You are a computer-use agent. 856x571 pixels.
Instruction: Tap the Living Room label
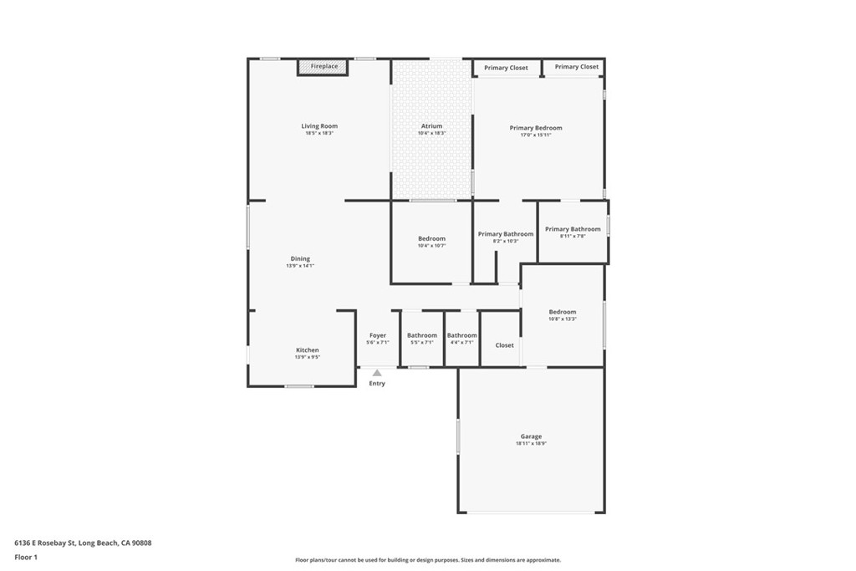(319, 126)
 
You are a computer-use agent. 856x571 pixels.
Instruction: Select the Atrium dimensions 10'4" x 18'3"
(431, 133)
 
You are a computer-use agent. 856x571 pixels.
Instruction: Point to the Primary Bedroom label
(536, 128)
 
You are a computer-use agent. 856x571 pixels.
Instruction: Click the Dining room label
(300, 259)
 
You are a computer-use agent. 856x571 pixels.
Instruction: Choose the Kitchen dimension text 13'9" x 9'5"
(308, 357)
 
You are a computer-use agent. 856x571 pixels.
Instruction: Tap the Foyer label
(378, 335)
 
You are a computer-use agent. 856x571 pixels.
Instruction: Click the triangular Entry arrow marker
(377, 373)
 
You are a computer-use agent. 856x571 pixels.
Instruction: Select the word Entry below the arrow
(377, 384)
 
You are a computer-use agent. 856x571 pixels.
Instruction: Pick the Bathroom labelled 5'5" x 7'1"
(422, 335)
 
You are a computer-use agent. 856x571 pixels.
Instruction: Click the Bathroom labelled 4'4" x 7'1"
(461, 335)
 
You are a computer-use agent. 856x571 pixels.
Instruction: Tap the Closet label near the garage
(505, 345)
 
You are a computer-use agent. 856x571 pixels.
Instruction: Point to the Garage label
(531, 436)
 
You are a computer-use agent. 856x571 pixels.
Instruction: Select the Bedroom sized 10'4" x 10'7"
(432, 239)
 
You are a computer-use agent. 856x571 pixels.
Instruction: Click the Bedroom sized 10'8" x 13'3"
(563, 312)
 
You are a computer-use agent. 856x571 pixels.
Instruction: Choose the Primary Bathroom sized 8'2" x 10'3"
(506, 234)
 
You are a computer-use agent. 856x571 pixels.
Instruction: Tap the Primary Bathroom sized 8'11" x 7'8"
(573, 229)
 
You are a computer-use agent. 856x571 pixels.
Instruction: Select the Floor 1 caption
(26, 557)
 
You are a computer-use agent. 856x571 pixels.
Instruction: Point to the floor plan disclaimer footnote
(427, 560)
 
